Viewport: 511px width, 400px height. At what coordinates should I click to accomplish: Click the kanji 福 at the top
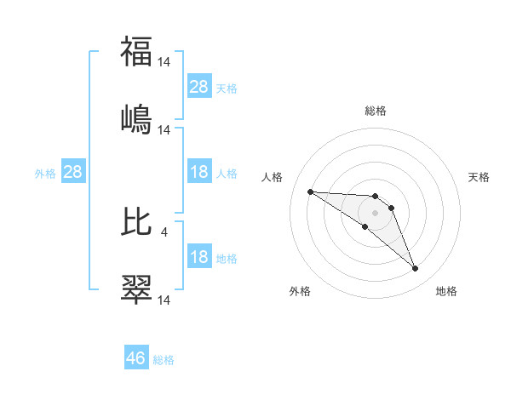pos(136,53)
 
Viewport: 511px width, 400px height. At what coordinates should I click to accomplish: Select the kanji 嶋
pos(136,120)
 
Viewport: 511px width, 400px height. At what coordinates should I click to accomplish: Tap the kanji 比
pos(136,222)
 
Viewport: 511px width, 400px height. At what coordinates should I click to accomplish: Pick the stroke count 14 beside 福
pos(164,61)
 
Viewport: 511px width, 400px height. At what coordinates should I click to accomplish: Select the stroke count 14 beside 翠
pos(164,300)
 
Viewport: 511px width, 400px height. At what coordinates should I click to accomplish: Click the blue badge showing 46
pos(136,358)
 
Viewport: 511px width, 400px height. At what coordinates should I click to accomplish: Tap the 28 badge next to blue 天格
pos(199,87)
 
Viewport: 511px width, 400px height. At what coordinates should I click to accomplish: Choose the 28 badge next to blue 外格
pos(73,172)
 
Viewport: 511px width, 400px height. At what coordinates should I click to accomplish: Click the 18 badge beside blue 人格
pos(199,172)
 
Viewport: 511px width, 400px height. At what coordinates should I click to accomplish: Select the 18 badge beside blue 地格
pos(199,257)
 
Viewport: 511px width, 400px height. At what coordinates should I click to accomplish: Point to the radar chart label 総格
pos(376,111)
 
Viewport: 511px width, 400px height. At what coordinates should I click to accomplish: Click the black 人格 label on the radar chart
pos(273,177)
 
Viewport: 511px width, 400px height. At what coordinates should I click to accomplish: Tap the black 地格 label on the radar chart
pos(446,291)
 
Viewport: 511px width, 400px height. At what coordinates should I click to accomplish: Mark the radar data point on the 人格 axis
pos(310,191)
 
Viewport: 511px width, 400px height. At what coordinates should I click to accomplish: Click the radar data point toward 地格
pos(416,269)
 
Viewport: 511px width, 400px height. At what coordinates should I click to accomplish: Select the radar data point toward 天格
pos(391,208)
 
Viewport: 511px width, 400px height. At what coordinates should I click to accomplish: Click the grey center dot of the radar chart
pos(376,213)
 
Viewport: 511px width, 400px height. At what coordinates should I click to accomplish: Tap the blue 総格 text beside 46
pos(164,360)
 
